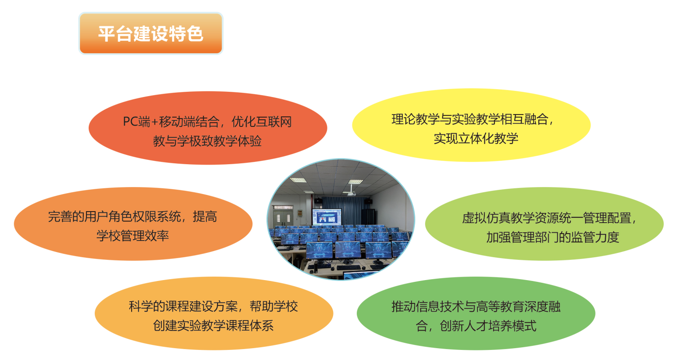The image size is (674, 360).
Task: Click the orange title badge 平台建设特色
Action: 151,34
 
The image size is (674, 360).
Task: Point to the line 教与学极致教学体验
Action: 207,141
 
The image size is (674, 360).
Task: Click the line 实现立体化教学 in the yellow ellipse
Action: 476,139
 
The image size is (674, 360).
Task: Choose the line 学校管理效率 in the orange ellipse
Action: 133,236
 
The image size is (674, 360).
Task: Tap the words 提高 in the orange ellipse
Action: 205,216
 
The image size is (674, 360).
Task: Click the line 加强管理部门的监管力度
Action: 552,237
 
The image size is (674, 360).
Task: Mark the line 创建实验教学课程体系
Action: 213,325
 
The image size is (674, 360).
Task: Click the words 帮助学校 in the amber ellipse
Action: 274,306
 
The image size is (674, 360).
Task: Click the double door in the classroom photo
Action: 283,218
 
